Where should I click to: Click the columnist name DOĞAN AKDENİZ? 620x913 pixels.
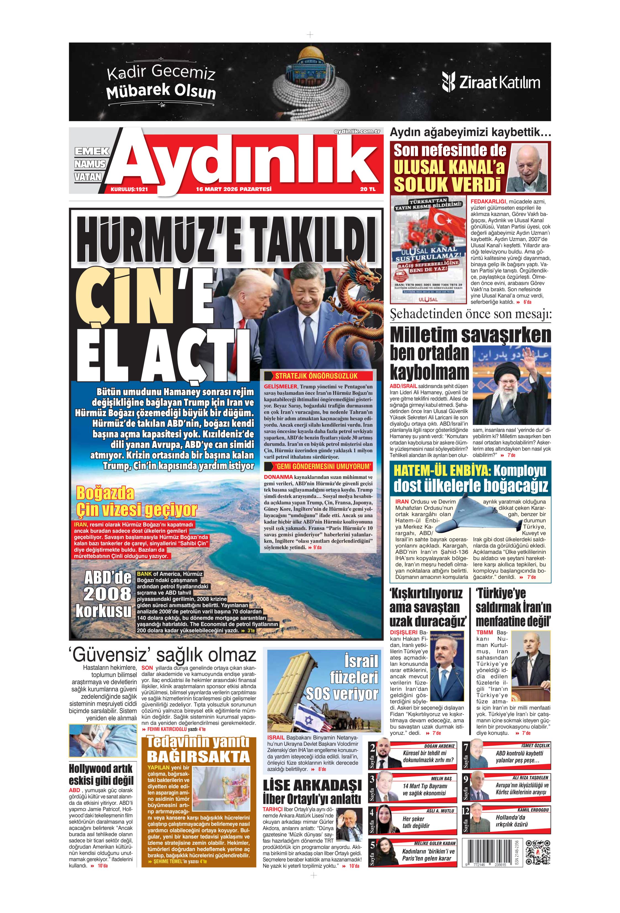point(439,746)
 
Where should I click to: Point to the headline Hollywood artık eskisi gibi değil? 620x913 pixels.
point(101,774)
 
